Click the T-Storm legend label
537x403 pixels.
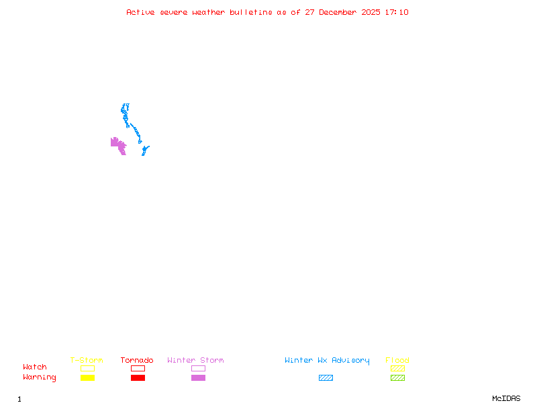(x=87, y=360)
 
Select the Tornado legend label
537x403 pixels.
(x=137, y=360)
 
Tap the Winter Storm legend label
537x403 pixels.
(x=195, y=360)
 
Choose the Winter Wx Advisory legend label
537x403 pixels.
(x=327, y=360)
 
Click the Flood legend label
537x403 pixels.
(x=397, y=360)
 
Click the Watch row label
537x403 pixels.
(x=35, y=367)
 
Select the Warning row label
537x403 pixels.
(x=40, y=377)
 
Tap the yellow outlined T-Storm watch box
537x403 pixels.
(x=87, y=368)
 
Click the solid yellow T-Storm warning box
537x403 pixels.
(x=87, y=377)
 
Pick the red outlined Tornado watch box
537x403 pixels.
(x=138, y=368)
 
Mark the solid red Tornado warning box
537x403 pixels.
(x=138, y=377)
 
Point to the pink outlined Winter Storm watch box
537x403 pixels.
(x=198, y=368)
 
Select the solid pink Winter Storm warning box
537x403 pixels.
(x=198, y=377)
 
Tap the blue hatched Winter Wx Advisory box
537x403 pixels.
(x=326, y=377)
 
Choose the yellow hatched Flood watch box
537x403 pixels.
(x=397, y=368)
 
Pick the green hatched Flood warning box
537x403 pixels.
(x=397, y=377)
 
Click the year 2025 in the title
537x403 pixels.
(x=371, y=12)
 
